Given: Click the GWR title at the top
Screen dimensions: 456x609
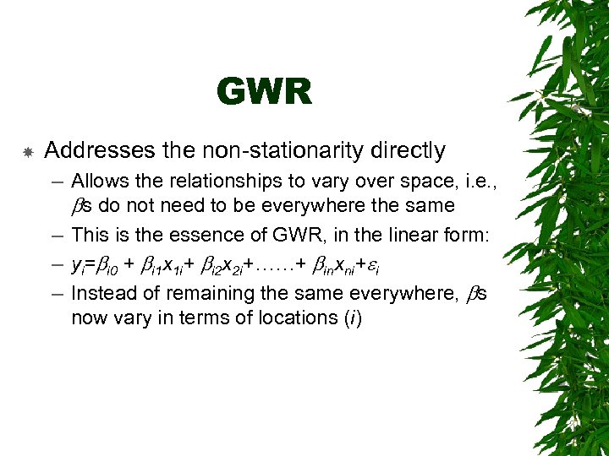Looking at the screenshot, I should coord(264,92).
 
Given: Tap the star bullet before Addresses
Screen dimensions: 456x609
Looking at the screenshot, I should coord(27,153).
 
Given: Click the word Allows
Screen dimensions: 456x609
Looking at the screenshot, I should coord(100,181).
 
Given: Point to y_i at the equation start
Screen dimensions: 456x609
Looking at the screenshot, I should coord(78,266).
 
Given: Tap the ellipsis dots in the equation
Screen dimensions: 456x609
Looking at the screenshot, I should coord(272,264).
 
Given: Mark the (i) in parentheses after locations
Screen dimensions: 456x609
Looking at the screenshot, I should coord(350,318).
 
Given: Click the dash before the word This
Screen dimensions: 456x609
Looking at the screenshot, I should coord(56,236).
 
